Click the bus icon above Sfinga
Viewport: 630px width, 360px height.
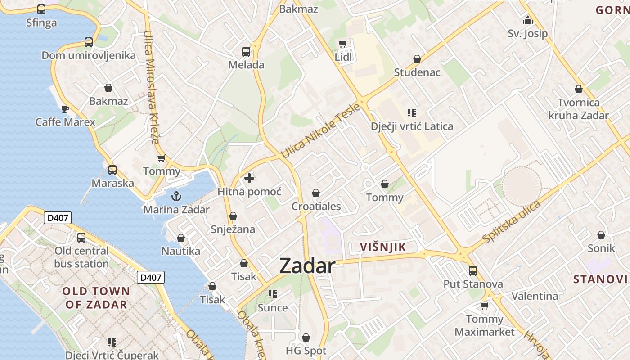(x=41, y=9)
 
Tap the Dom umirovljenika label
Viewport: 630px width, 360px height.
(x=89, y=55)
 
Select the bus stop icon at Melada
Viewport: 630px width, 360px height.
(x=246, y=51)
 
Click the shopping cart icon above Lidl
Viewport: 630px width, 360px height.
(x=343, y=43)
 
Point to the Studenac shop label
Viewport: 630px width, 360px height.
(x=417, y=72)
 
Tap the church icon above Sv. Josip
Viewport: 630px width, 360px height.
(x=528, y=20)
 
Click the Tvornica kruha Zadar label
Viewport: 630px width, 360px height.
(x=579, y=109)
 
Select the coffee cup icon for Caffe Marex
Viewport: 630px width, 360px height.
(x=65, y=108)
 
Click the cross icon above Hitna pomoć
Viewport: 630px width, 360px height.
(x=249, y=178)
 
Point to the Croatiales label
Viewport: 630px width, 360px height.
(x=316, y=207)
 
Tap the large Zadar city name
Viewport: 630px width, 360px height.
(x=307, y=266)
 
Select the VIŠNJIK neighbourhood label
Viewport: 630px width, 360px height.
(x=383, y=247)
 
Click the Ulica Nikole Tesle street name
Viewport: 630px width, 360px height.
(x=320, y=131)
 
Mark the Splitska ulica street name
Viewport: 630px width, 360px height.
(x=511, y=222)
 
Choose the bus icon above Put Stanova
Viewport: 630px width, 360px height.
(x=473, y=270)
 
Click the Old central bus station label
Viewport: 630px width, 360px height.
(x=81, y=257)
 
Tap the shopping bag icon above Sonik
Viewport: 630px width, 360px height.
(x=601, y=235)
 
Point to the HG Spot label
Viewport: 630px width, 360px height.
(x=306, y=351)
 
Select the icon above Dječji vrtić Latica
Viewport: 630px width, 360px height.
(x=412, y=112)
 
